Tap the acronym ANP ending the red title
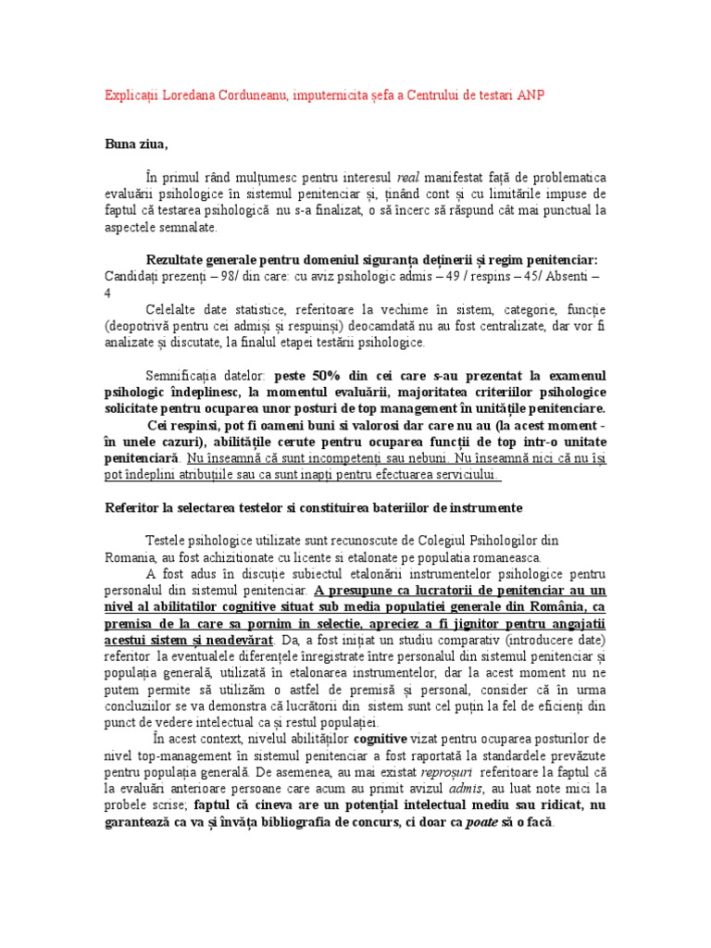543,96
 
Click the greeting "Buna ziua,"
136,144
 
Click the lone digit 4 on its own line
106,293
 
